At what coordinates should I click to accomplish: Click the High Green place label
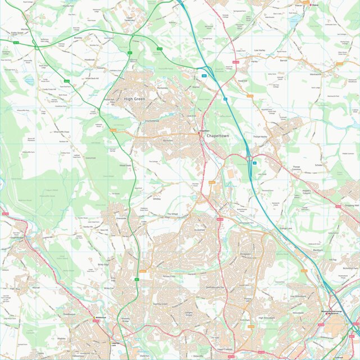click(x=134, y=99)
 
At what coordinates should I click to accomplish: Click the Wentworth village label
click(x=316, y=74)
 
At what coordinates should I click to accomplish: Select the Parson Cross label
click(x=169, y=276)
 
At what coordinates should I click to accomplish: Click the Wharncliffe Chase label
click(x=58, y=131)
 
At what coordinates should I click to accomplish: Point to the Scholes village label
click(x=319, y=165)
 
